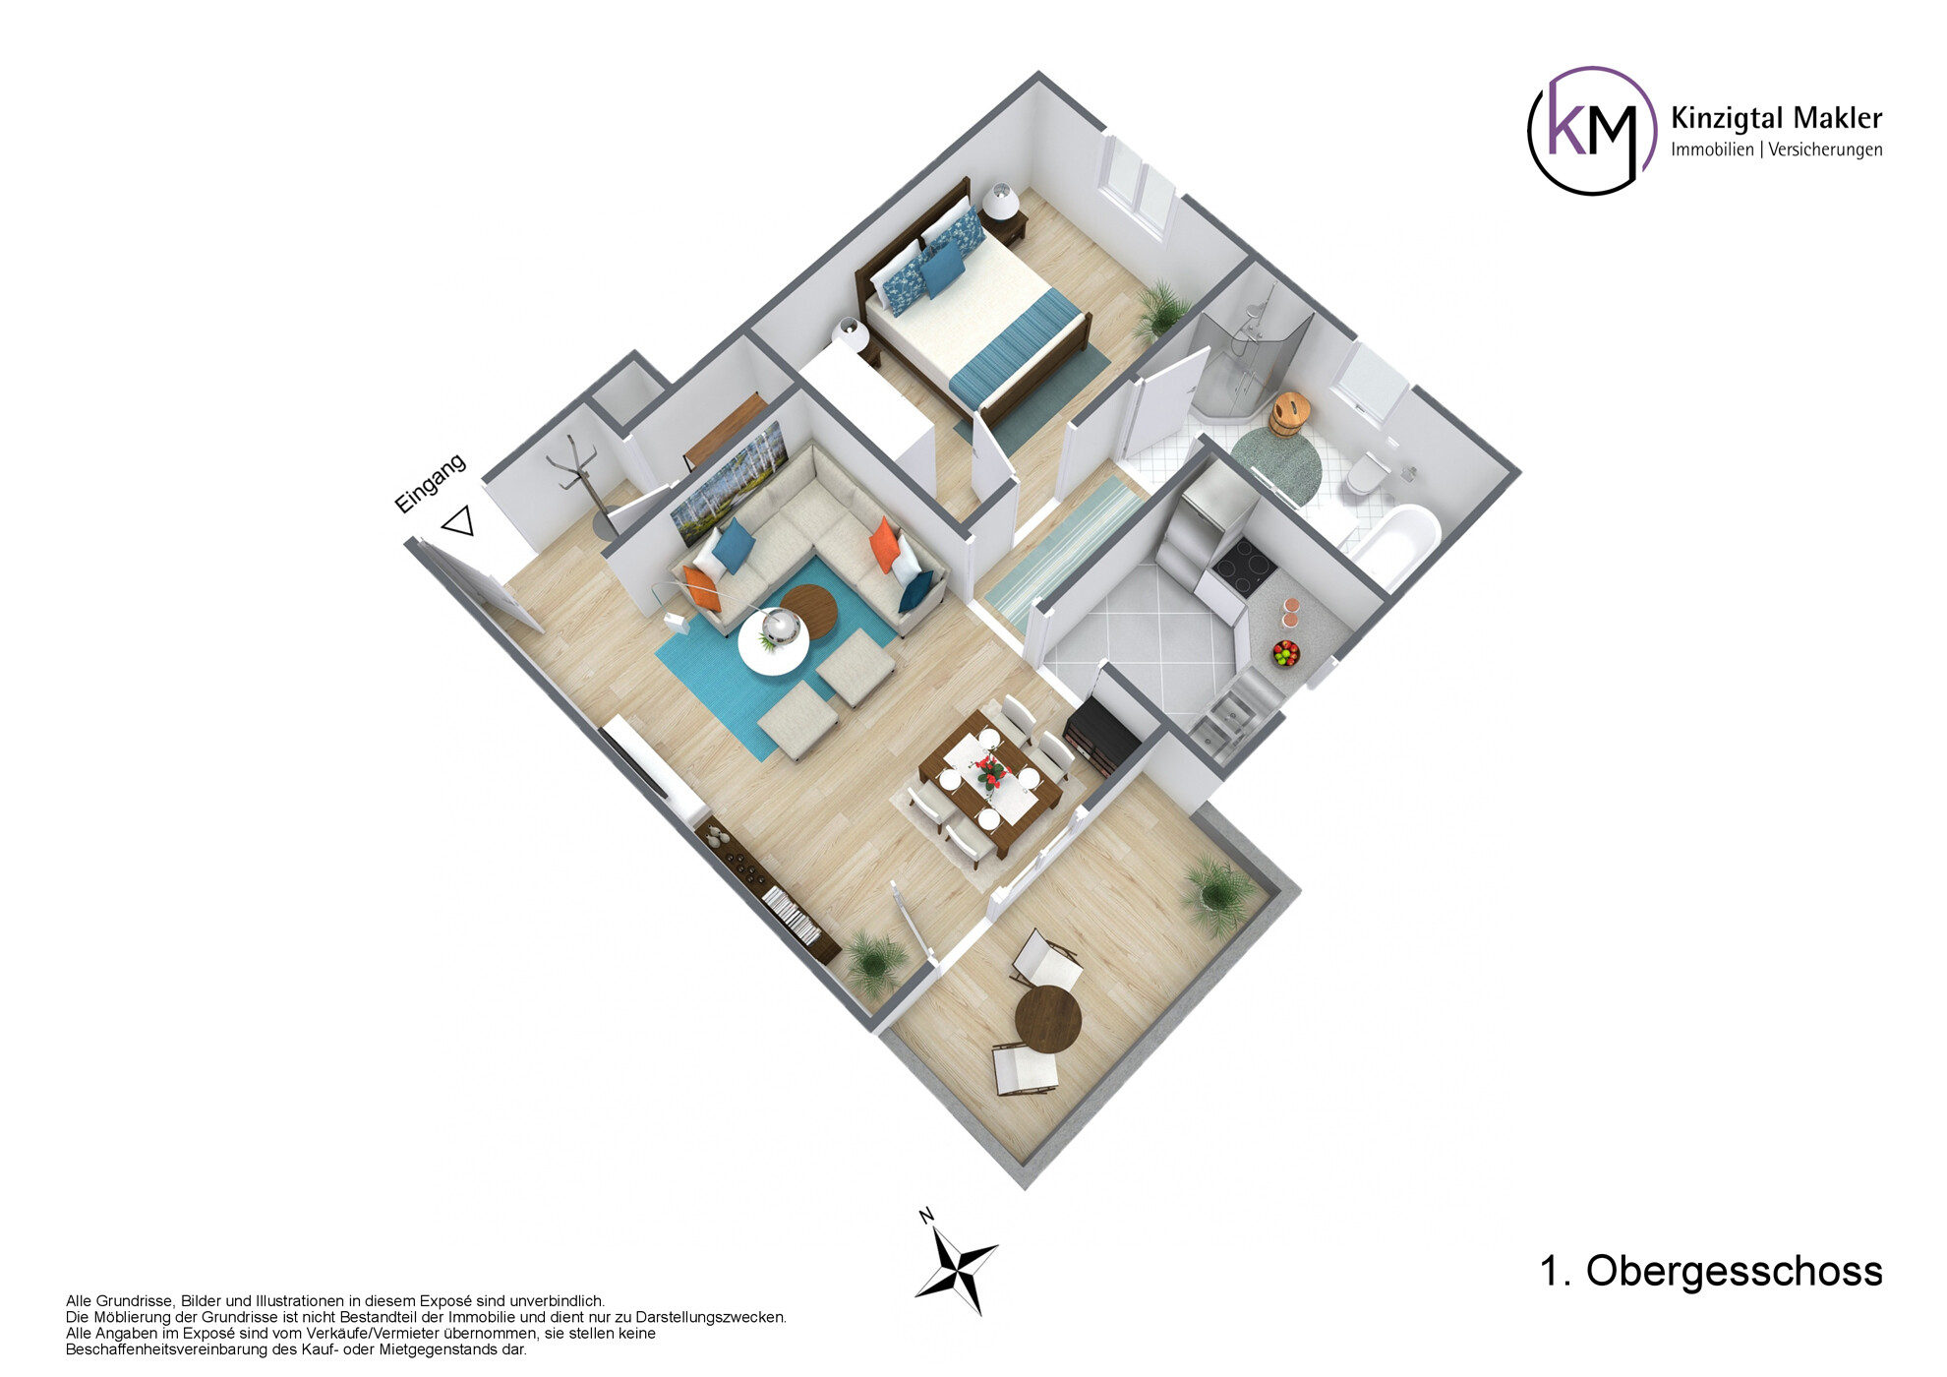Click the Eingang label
tap(430, 483)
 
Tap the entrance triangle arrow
tap(459, 521)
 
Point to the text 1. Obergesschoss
tap(1710, 1271)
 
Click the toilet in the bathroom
tap(1368, 472)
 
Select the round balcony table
tap(1047, 1019)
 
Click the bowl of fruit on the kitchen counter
tap(1285, 652)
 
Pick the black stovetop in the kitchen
tap(1244, 568)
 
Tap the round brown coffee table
tap(809, 610)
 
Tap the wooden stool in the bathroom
tap(1289, 413)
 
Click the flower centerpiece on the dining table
tap(991, 772)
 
